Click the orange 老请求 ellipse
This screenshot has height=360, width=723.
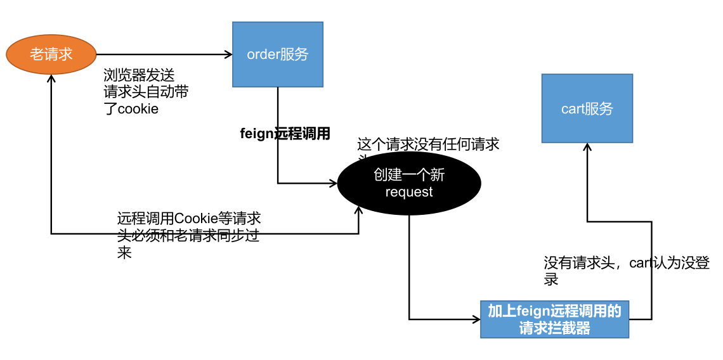[51, 55]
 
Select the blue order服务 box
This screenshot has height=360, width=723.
[277, 55]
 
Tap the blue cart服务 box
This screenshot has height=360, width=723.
[587, 108]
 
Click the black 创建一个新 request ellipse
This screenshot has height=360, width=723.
[409, 183]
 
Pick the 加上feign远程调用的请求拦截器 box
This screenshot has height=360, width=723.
[554, 319]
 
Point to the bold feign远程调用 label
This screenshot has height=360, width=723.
[285, 134]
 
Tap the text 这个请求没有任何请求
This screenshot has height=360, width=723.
[428, 145]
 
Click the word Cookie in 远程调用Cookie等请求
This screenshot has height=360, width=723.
[196, 219]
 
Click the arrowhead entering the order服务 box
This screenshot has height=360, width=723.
[229, 55]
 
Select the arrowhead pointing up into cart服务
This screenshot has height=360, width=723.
[587, 146]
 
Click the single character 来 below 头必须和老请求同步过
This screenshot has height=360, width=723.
[124, 253]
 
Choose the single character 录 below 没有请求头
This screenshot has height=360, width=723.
[551, 280]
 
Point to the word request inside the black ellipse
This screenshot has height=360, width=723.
[409, 192]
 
